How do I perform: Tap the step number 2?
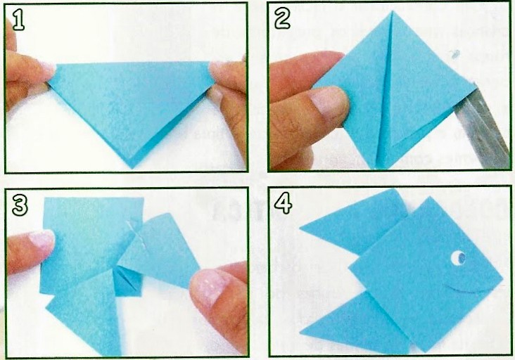tap(282, 19)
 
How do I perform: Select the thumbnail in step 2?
tap(329, 103)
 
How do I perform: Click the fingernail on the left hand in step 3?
tap(42, 240)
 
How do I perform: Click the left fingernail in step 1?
tap(46, 70)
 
